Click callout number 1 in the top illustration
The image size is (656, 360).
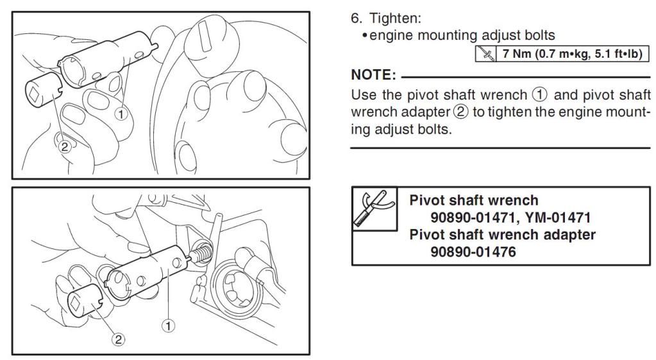(x=121, y=114)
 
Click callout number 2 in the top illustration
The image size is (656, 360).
(x=64, y=146)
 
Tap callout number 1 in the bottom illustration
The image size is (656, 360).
(x=168, y=325)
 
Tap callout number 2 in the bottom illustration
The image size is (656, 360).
(x=119, y=339)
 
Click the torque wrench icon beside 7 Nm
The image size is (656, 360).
(x=485, y=54)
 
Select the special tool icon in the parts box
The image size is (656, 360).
(x=374, y=209)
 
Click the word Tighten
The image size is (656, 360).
(x=396, y=19)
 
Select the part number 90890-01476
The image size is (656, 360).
(x=473, y=252)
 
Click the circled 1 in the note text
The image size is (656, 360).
(x=540, y=94)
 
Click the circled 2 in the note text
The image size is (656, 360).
(x=461, y=112)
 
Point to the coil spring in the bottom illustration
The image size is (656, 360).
(x=201, y=253)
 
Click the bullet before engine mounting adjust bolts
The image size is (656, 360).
(x=365, y=36)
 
